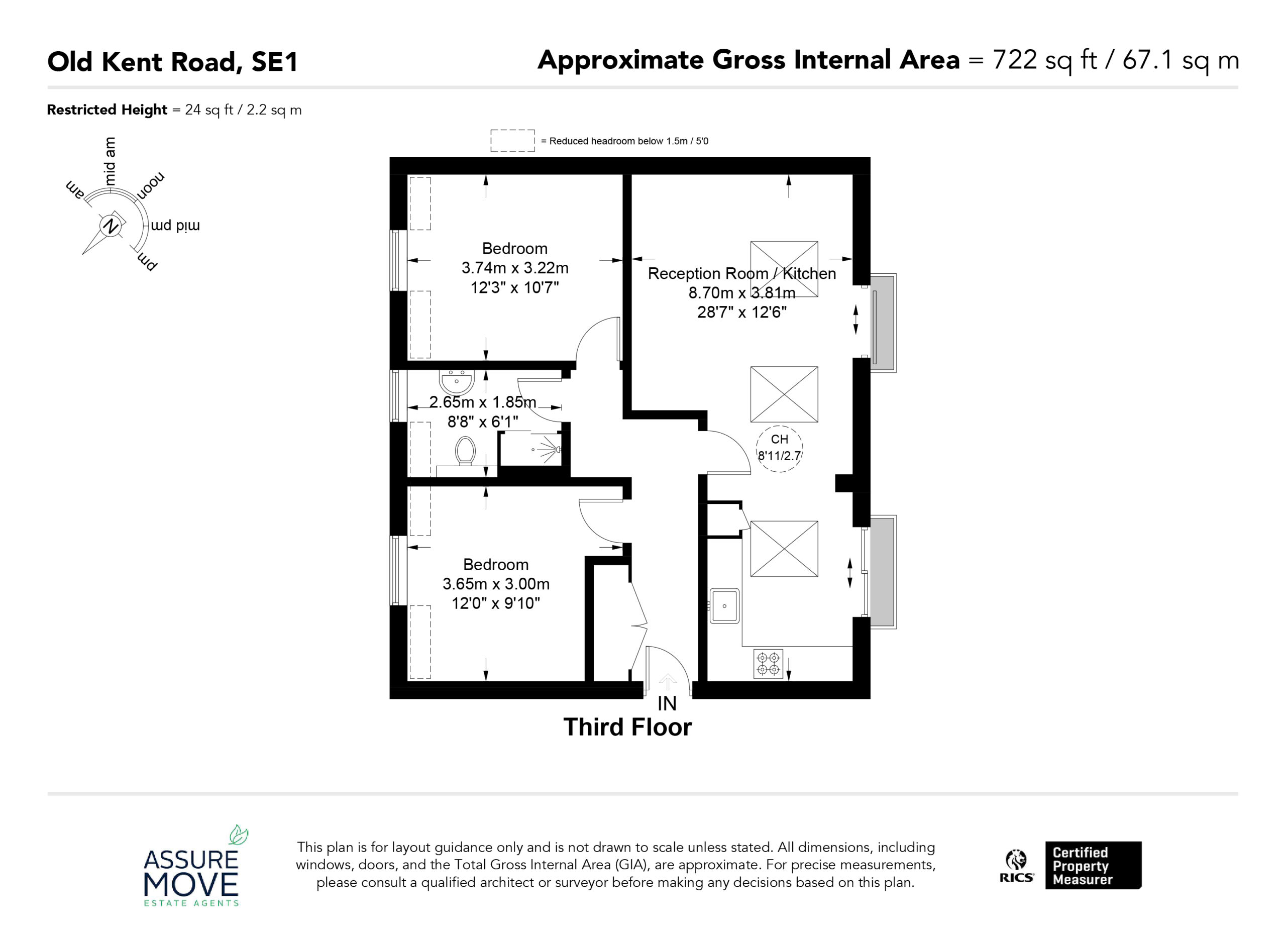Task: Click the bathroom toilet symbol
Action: click(x=465, y=451)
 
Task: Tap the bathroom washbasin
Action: click(x=457, y=382)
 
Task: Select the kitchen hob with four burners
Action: click(x=768, y=664)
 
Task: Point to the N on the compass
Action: click(x=111, y=225)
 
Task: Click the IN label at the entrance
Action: click(x=667, y=703)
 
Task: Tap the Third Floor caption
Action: click(x=627, y=727)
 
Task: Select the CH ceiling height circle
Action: click(x=779, y=449)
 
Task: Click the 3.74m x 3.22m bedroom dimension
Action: click(x=515, y=268)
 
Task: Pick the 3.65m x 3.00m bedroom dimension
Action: click(x=496, y=584)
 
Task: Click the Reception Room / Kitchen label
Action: click(x=741, y=273)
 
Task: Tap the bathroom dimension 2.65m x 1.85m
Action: click(x=483, y=402)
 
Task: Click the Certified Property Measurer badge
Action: click(x=1093, y=865)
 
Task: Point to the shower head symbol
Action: click(x=548, y=449)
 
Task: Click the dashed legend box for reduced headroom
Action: click(x=512, y=141)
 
